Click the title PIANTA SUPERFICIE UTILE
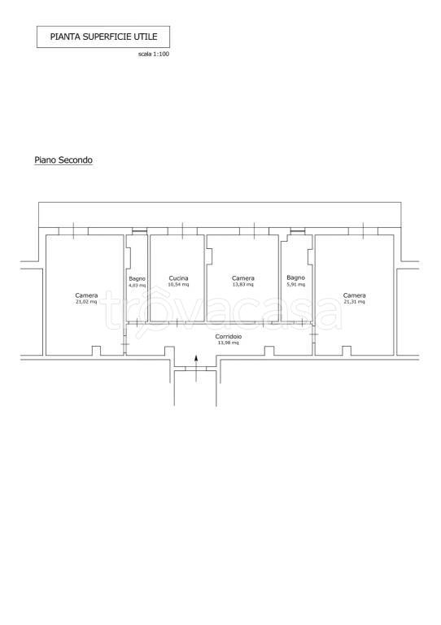[x=103, y=37]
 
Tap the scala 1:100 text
[x=154, y=54]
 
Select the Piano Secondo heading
[x=63, y=160]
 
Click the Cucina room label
[x=178, y=278]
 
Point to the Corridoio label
[x=229, y=337]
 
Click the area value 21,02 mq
[x=86, y=302]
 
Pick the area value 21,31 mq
[x=354, y=302]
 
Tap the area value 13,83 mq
[x=243, y=285]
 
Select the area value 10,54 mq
[x=178, y=285]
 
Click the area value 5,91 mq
[x=295, y=284]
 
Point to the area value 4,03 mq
[x=137, y=286]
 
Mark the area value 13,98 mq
[x=229, y=343]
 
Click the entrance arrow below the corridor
[x=196, y=369]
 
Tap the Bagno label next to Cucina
[x=137, y=279]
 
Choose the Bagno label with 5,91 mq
[x=295, y=278]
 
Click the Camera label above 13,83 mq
[x=243, y=278]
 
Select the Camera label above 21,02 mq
[x=86, y=295]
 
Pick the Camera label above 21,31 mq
[x=355, y=295]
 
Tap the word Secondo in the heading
[x=76, y=160]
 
